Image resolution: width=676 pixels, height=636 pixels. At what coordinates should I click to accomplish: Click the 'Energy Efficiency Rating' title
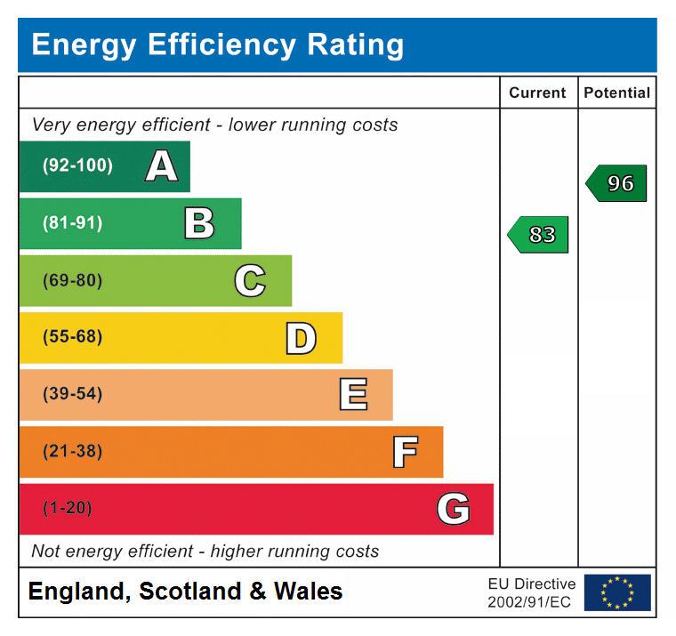point(217,44)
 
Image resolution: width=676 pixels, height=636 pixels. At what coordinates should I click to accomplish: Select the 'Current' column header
point(537,93)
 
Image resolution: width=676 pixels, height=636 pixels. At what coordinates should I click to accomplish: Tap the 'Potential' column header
point(616,93)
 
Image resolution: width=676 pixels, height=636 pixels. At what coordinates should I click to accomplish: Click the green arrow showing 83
point(539,235)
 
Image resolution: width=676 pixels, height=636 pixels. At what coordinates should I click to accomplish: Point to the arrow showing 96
point(617,183)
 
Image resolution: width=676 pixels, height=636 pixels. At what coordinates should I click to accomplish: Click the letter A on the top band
point(161,166)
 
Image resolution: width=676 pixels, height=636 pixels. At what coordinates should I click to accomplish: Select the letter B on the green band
point(199,223)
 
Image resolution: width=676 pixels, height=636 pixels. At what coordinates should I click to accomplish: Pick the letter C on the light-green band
point(250,281)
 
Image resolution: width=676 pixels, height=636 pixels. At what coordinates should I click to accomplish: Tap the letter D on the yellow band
point(301,338)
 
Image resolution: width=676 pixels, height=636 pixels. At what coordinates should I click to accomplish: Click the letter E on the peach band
point(353,394)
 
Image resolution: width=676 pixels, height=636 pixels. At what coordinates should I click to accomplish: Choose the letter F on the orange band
point(405,452)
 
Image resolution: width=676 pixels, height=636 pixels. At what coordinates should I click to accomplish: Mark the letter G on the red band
point(453,509)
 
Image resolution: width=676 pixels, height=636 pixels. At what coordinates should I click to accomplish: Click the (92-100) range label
point(77,166)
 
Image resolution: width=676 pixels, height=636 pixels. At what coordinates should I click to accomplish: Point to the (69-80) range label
point(72,281)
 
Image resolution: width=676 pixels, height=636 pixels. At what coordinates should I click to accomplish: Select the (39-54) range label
point(72,394)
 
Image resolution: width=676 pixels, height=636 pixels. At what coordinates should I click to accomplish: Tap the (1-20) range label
point(67,509)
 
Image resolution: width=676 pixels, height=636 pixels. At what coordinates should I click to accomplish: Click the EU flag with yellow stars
point(617,592)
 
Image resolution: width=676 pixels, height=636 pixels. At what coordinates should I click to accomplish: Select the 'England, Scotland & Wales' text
point(185,592)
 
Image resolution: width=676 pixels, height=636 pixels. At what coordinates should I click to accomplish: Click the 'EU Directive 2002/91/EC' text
point(531,593)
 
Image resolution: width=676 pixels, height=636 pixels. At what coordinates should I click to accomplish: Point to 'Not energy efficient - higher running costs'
point(205,551)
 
